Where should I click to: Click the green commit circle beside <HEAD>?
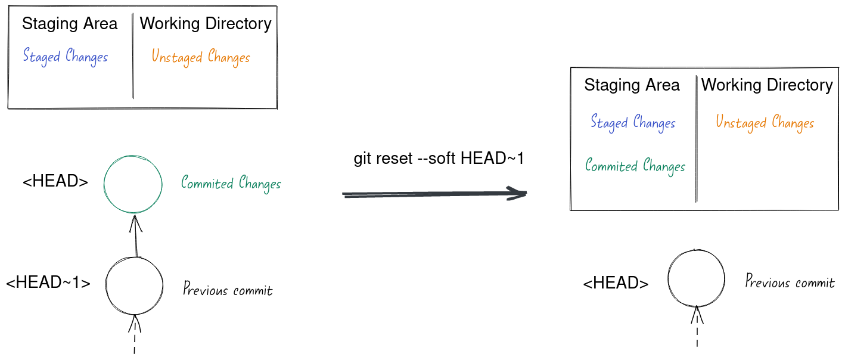[x=133, y=184]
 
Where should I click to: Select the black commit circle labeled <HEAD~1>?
[x=134, y=285]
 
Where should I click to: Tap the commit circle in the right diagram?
[x=696, y=278]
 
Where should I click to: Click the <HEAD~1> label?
[x=48, y=283]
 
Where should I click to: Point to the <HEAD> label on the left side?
[x=55, y=182]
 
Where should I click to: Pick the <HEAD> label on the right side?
[x=616, y=284]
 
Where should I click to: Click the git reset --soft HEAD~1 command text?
[x=439, y=159]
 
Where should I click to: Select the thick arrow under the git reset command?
[x=435, y=194]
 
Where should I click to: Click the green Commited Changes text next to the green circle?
[x=231, y=184]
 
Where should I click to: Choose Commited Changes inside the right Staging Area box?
[x=635, y=166]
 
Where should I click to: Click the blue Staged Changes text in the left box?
[x=66, y=57]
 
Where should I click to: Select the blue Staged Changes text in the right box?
[x=633, y=123]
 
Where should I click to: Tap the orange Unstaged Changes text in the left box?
[x=200, y=57]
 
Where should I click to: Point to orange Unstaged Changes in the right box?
[x=765, y=123]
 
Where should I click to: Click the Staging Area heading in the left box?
[x=70, y=24]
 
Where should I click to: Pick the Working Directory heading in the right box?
[x=766, y=85]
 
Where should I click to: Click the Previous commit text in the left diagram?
[x=228, y=290]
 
